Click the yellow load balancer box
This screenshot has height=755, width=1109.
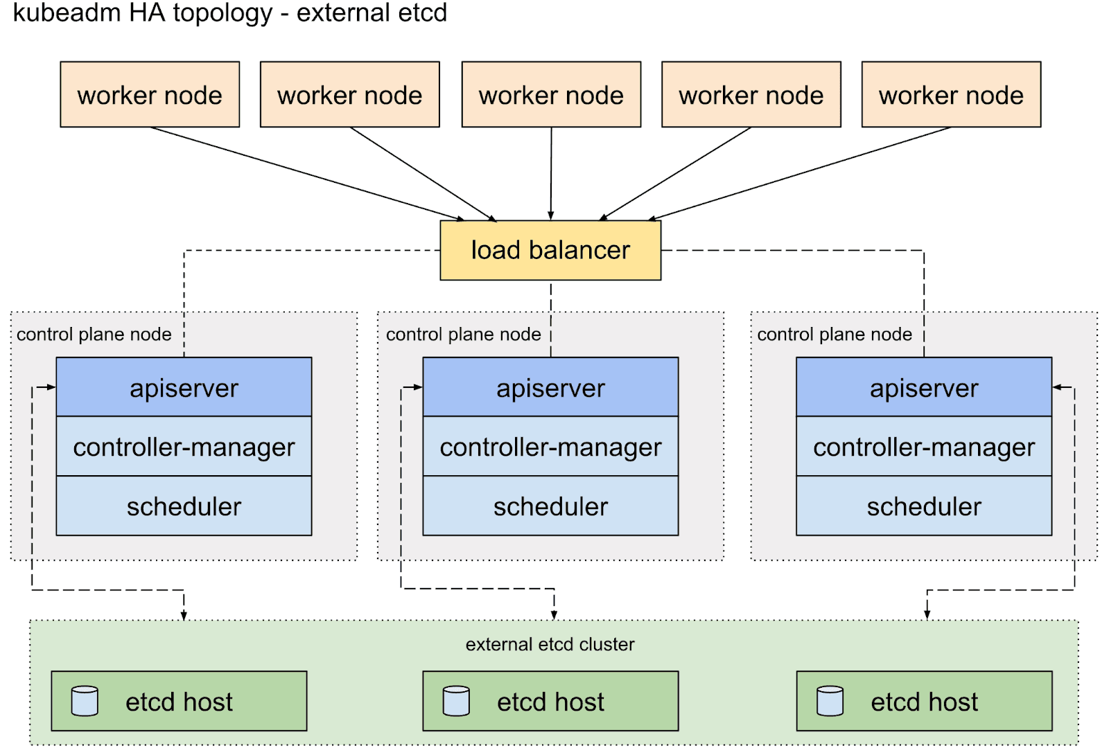(x=550, y=250)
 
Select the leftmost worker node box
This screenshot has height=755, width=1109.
(x=150, y=95)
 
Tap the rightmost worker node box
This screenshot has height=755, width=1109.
(x=951, y=95)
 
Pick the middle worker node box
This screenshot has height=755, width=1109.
(x=551, y=95)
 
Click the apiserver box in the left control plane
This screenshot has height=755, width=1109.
(x=184, y=387)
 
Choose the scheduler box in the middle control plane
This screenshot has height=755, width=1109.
(x=550, y=506)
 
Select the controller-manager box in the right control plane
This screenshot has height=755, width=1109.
(x=924, y=447)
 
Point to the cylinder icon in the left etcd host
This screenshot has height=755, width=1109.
(x=85, y=701)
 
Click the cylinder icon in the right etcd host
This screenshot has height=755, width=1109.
(x=830, y=701)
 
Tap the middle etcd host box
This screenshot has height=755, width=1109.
(x=550, y=701)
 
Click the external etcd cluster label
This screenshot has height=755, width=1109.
(x=550, y=644)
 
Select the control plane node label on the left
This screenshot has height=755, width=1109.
(x=94, y=335)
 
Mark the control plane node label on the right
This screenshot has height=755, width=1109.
(x=835, y=335)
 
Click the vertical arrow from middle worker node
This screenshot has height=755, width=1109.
(x=551, y=173)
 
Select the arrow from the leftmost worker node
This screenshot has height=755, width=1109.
(x=305, y=173)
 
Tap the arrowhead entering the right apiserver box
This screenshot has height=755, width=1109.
(x=1058, y=387)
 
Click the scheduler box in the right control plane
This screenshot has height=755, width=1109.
(x=924, y=506)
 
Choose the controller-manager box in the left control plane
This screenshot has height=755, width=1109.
(x=184, y=447)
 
